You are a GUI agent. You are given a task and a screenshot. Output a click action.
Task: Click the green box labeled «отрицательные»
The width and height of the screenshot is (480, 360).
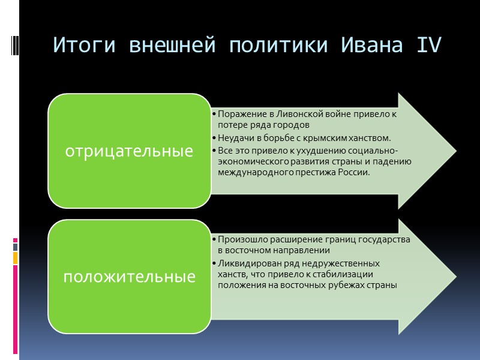coord(129,151)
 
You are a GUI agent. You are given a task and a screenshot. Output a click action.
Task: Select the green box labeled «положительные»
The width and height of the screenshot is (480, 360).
coord(129,277)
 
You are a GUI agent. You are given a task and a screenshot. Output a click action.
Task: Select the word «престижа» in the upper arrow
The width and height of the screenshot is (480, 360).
coord(318,172)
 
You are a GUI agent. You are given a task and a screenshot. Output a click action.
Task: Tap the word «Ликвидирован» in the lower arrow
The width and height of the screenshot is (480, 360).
coord(245,263)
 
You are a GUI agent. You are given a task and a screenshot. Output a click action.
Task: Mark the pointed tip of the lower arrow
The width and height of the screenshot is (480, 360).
coord(454,277)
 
